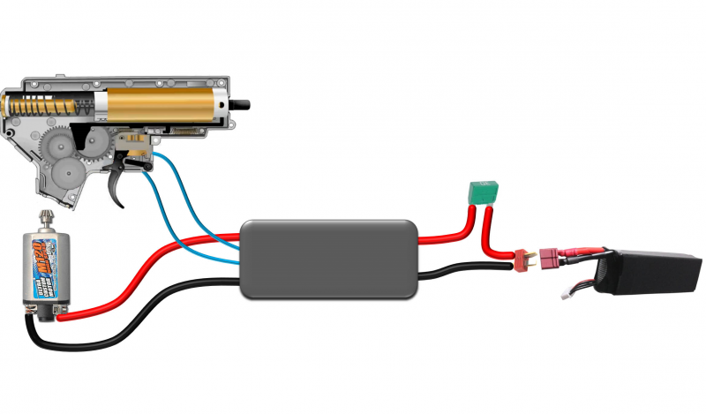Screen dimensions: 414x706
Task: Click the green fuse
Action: click(483, 190)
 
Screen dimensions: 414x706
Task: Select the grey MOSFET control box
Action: click(329, 258)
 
